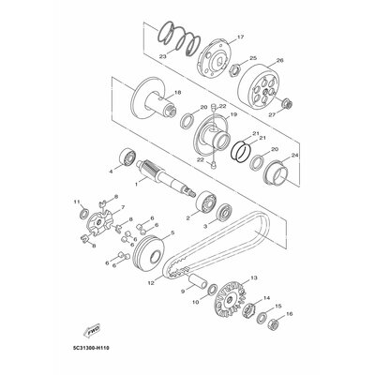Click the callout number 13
tap(253, 279)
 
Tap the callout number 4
tap(110, 172)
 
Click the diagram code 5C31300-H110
tap(95, 355)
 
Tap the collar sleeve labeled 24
tap(278, 172)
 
